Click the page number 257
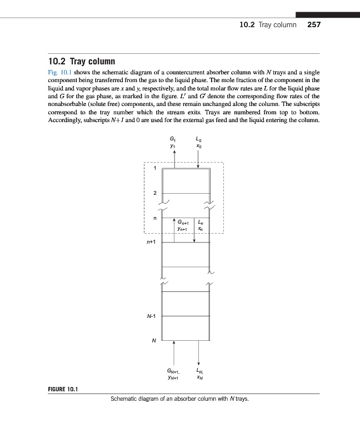point(314,25)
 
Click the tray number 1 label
point(156,169)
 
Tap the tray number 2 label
point(156,193)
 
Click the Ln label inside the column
point(201,223)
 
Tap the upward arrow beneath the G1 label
point(175,158)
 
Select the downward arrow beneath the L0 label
point(198,158)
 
